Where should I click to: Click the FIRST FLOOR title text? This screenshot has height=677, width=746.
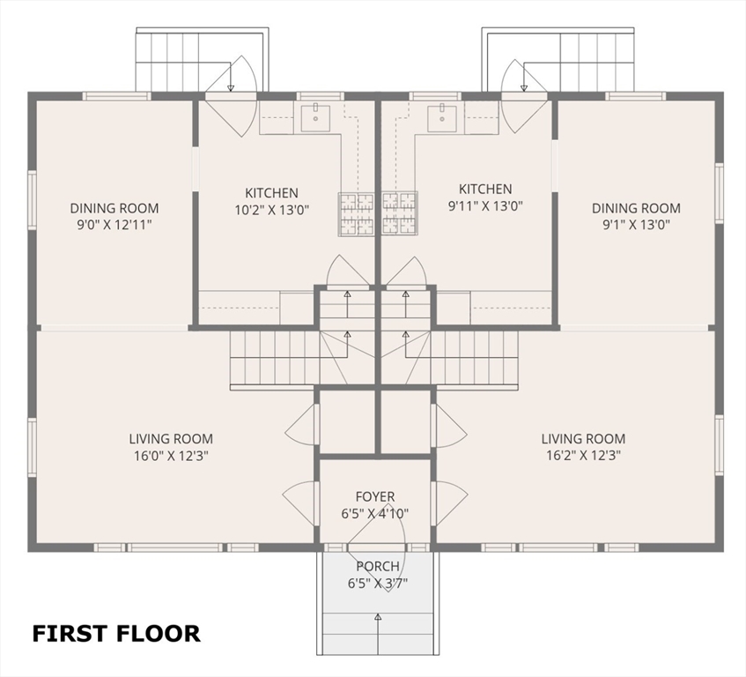(116, 634)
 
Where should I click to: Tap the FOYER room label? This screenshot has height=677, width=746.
(375, 496)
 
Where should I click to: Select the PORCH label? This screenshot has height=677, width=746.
(378, 566)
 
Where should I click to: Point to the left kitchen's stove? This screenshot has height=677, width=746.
(356, 214)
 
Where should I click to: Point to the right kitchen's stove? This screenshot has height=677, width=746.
(400, 214)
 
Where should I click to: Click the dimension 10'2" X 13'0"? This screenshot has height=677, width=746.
(271, 210)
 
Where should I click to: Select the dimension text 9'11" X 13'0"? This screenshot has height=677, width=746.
(485, 206)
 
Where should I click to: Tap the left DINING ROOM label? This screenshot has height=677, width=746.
(114, 208)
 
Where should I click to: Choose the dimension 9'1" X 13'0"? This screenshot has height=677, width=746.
(637, 225)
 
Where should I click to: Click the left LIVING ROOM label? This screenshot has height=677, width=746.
(171, 438)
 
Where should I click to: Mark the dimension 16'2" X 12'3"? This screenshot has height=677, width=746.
(583, 456)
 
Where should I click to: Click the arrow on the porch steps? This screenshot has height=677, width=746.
(378, 634)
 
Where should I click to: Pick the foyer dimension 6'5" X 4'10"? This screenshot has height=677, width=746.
(375, 514)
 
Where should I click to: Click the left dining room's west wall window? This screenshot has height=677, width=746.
(32, 200)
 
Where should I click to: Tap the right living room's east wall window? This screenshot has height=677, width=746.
(719, 445)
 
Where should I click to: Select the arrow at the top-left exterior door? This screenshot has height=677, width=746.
(231, 75)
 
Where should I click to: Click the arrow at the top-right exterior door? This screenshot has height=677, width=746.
(524, 75)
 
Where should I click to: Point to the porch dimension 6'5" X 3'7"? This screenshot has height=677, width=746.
(378, 584)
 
